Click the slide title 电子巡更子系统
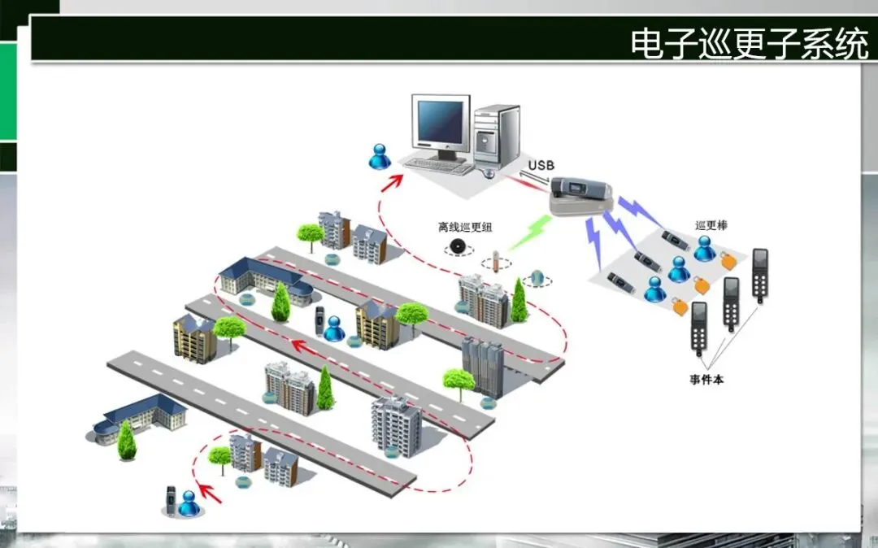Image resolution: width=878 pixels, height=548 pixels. coord(749,44)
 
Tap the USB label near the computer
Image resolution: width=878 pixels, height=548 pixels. coord(541,166)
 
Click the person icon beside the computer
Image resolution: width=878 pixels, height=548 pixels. coord(380,156)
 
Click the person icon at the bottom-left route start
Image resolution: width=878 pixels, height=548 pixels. coord(189,504)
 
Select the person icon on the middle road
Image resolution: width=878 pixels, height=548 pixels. coord(333,328)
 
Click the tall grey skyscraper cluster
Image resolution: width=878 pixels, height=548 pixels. coord(484,367)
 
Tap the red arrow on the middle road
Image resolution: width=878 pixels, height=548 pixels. coord(304,347)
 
